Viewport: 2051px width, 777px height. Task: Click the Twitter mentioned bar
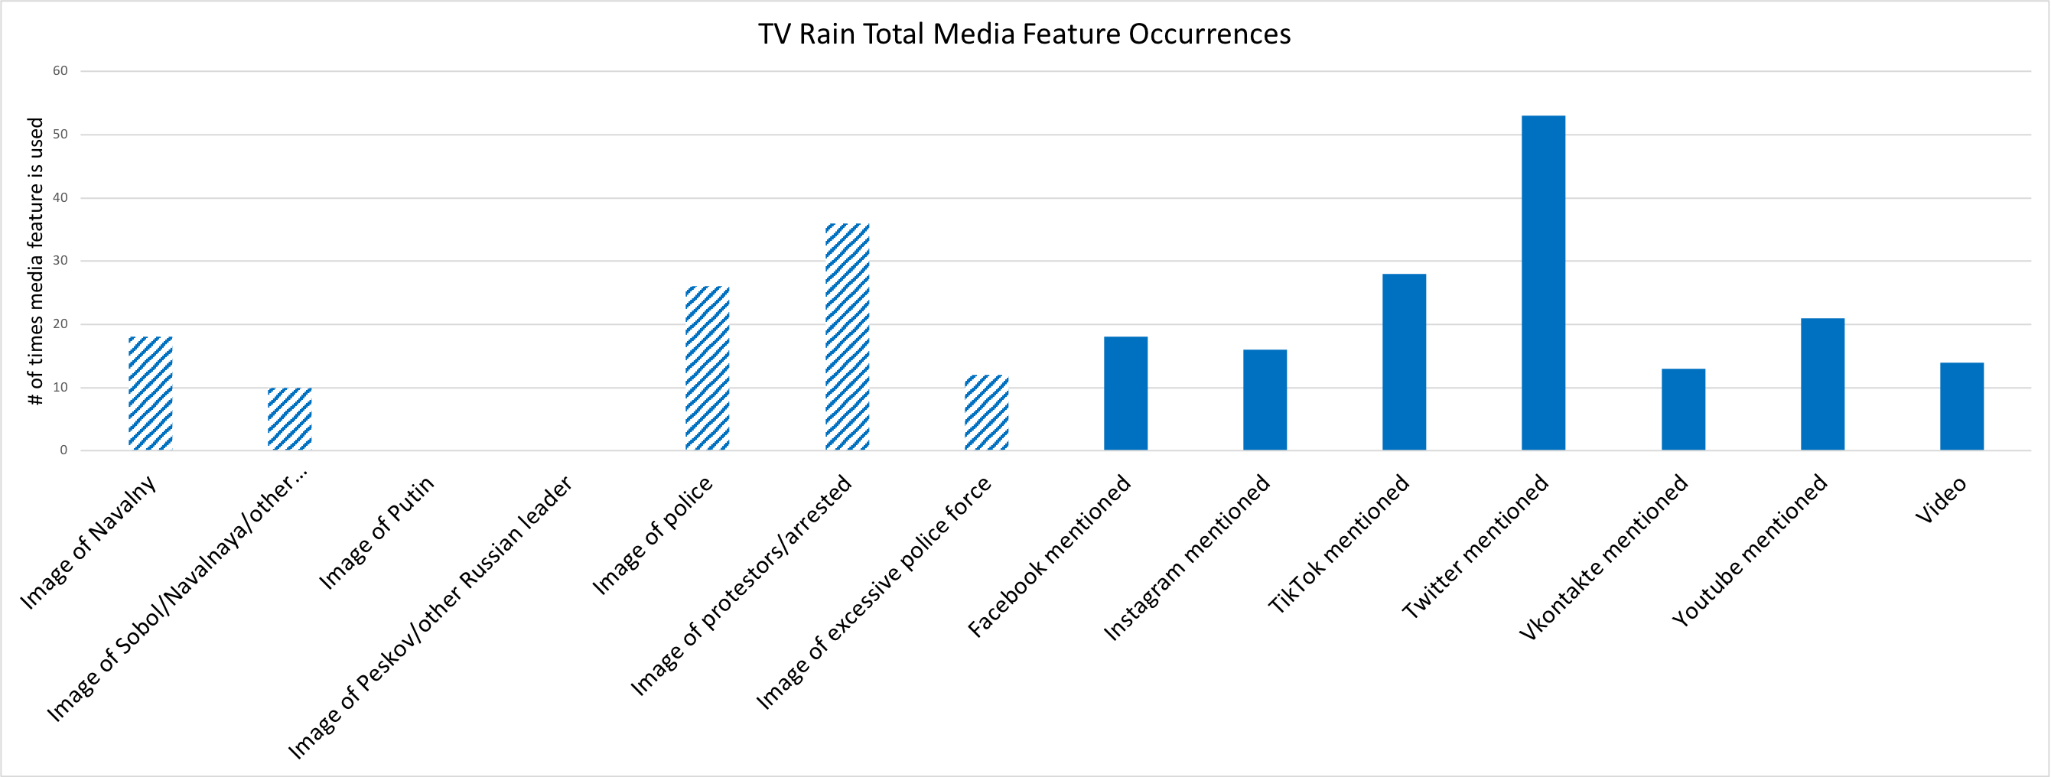(1543, 283)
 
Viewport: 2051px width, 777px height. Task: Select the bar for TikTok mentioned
(1404, 362)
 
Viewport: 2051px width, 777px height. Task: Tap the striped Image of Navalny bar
(151, 393)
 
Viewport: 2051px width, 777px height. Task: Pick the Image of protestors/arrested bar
(847, 336)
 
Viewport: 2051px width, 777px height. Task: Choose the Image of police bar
(707, 368)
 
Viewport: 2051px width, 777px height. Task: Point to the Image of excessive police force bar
(987, 412)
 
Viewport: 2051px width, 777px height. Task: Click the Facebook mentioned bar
(1126, 393)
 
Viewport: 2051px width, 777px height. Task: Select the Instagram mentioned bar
(1265, 400)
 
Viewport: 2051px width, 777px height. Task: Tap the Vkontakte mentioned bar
(1683, 409)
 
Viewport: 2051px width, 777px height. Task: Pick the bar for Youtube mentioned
(1822, 385)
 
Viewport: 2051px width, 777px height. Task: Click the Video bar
(1961, 406)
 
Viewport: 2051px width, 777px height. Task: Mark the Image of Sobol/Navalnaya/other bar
(290, 419)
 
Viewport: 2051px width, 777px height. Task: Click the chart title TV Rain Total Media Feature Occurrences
(1024, 34)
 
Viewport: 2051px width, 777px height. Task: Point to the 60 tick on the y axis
(60, 71)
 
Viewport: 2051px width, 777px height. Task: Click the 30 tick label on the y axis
(60, 260)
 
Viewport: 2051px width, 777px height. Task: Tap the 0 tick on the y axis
(63, 450)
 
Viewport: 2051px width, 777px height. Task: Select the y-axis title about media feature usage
(35, 261)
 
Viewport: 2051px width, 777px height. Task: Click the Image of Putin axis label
(376, 532)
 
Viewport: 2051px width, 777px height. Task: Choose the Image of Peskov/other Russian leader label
(430, 617)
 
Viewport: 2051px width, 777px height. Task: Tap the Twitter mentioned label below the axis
(1476, 546)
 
